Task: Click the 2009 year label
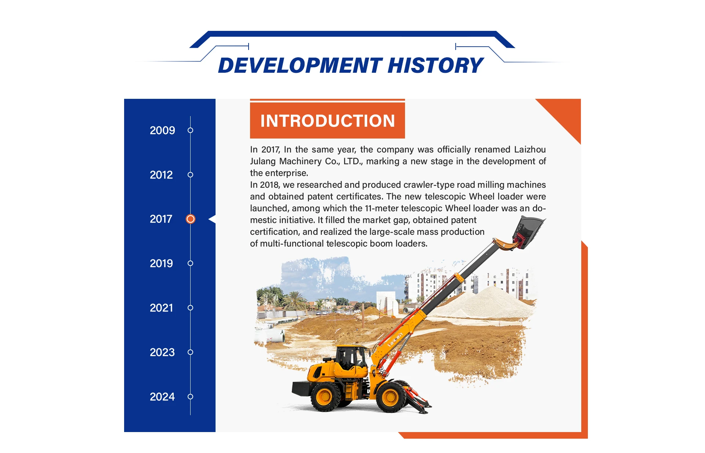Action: tap(162, 130)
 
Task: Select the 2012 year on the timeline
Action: tap(161, 175)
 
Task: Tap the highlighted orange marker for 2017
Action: tap(191, 219)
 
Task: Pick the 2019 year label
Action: tap(161, 263)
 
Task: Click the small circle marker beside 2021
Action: tap(190, 308)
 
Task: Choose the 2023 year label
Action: tap(162, 352)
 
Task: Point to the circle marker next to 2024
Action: tap(190, 397)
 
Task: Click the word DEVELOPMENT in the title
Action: tap(300, 66)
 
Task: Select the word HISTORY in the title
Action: tap(435, 66)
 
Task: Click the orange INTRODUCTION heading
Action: tap(328, 121)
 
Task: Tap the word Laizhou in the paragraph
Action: tap(530, 150)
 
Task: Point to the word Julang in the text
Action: tap(263, 161)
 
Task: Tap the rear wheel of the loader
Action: tap(325, 397)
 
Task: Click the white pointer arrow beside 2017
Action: tap(212, 219)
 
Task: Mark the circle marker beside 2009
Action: tap(190, 130)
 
